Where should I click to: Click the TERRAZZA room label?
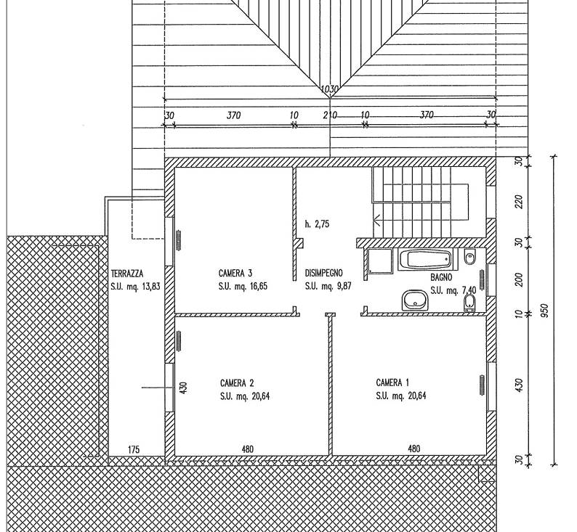coord(127,274)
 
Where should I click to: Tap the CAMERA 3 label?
coord(235,274)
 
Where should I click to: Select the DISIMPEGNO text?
coord(324,273)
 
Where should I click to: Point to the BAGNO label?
coord(441,277)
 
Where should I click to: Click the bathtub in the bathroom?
coord(426,259)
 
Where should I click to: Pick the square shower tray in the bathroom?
coord(380,261)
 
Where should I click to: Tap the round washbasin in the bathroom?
coord(416,300)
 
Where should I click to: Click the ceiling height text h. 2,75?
coord(317,224)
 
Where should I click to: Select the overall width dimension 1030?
coord(329,89)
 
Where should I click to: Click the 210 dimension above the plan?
coord(330,115)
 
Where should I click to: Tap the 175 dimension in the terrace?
coord(134,449)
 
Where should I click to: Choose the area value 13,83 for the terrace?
coord(150,286)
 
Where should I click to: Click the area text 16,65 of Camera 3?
coord(258,286)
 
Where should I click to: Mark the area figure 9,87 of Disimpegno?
coord(344,286)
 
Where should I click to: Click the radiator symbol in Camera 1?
coord(481,385)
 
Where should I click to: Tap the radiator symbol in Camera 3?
coord(179,241)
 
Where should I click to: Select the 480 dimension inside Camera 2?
coord(248,449)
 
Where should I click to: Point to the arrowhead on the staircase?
coord(377,221)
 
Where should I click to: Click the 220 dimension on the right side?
coord(519,201)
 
